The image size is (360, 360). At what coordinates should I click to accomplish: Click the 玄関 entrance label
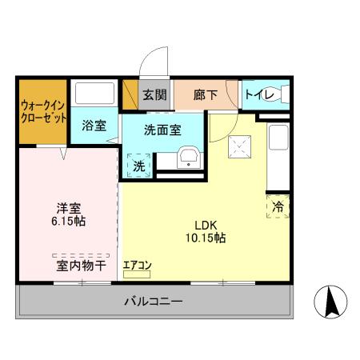click(154, 95)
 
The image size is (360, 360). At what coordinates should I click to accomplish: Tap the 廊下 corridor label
click(205, 95)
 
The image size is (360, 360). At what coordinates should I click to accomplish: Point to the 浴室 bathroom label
click(94, 125)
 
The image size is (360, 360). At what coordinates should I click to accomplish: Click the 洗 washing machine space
click(139, 166)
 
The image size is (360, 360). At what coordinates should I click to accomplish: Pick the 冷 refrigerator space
click(278, 206)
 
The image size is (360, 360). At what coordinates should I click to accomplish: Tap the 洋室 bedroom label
click(68, 206)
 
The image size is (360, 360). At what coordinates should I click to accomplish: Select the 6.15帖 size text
click(68, 220)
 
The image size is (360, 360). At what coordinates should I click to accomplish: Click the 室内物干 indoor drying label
click(81, 265)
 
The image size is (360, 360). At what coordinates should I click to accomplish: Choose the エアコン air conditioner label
click(138, 265)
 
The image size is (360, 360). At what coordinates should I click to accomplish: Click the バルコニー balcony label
click(153, 302)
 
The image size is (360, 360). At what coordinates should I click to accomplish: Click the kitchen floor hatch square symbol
click(238, 146)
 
